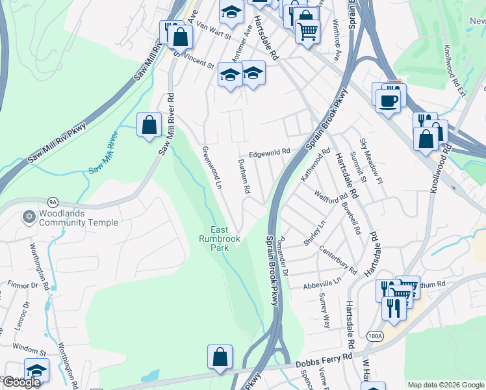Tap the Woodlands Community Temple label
point(78,218)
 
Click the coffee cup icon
point(389,101)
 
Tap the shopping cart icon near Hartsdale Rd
point(307,30)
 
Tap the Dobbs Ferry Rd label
point(325,359)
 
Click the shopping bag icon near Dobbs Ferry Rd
point(220,356)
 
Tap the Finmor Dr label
point(23,285)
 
